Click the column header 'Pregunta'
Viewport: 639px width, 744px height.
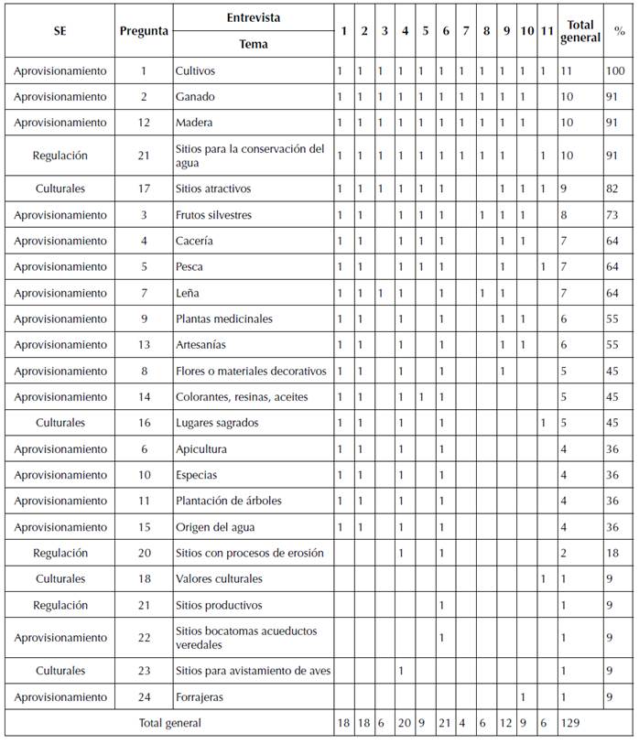[x=144, y=31]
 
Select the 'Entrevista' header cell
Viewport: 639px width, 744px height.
[x=254, y=17]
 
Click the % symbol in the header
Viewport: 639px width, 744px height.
[x=620, y=31]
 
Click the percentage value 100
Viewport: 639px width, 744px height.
[x=614, y=70]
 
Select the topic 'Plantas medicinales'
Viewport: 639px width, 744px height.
[x=224, y=319]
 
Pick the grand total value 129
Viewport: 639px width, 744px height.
[x=571, y=723]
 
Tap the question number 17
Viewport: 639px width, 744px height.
[x=144, y=189]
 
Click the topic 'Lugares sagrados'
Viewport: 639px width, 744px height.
[x=216, y=424]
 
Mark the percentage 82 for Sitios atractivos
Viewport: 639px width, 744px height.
[x=613, y=189]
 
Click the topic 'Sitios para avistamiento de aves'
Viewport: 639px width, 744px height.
[x=253, y=671]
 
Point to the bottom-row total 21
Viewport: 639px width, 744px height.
[x=445, y=723]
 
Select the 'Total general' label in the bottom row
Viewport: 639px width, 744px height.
[x=170, y=723]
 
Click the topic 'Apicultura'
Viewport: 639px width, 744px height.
[x=201, y=449]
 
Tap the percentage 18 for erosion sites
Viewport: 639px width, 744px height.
[x=613, y=553]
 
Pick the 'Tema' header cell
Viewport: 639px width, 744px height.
[x=254, y=44]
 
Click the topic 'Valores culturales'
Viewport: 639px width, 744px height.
[x=219, y=579]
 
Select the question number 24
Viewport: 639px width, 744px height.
[x=144, y=697]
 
